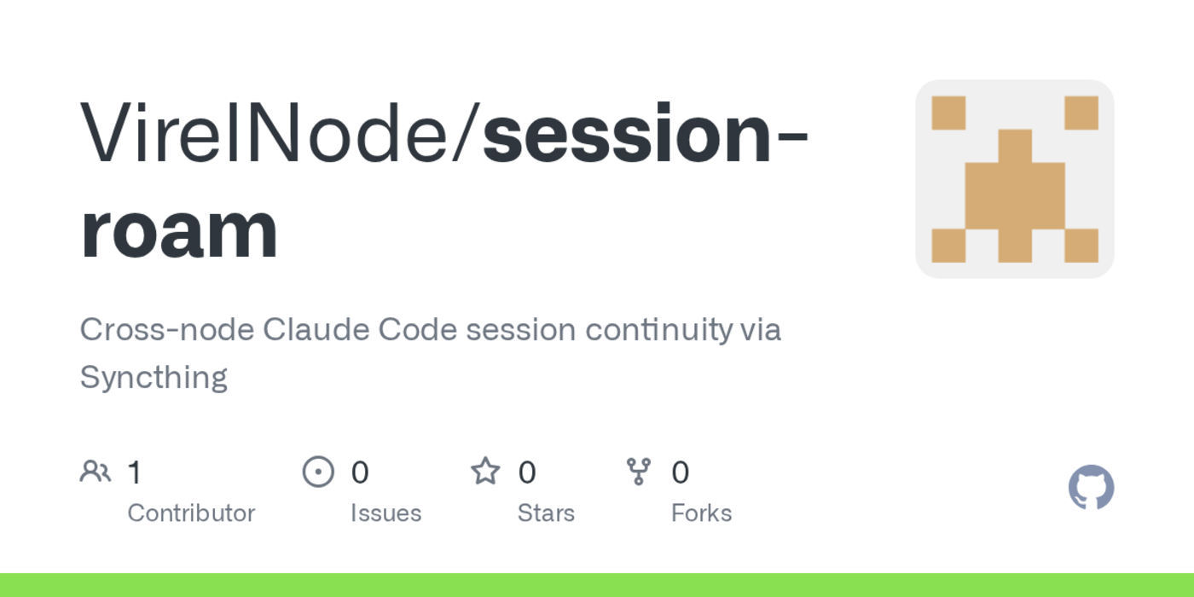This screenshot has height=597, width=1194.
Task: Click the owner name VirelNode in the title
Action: (x=273, y=134)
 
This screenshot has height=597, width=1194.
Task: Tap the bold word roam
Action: (x=179, y=230)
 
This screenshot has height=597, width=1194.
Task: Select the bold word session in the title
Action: (x=627, y=134)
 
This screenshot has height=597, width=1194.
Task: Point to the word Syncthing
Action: (x=154, y=377)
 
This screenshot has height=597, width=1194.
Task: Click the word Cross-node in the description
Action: (x=166, y=329)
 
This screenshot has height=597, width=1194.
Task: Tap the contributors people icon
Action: (x=95, y=471)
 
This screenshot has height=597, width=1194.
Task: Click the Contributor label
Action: (x=191, y=513)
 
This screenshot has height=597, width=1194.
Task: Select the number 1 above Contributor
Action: (x=134, y=472)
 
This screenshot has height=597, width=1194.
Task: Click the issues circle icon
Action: (x=318, y=471)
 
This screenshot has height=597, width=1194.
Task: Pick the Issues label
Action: (x=385, y=513)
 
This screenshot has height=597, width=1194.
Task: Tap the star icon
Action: (x=485, y=471)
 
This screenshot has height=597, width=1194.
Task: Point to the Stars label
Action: (x=546, y=513)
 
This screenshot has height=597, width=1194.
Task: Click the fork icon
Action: (x=638, y=471)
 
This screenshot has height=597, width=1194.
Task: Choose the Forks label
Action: (x=701, y=513)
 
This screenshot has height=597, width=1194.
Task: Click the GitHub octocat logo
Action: (x=1091, y=487)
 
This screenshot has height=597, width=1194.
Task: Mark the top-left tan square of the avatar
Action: (x=948, y=113)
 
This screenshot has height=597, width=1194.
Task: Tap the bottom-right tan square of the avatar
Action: (x=1081, y=246)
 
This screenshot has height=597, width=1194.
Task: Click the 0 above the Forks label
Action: (x=680, y=472)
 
